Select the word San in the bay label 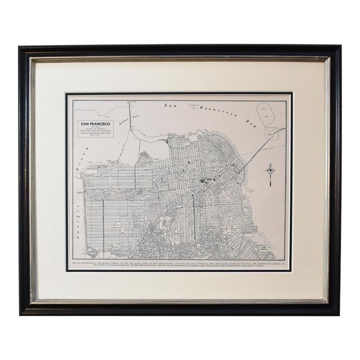pos(163,105)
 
